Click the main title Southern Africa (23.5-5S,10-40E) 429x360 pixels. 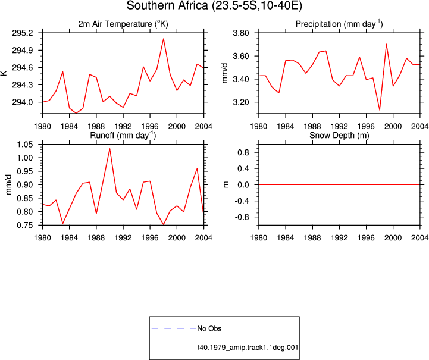click(214, 5)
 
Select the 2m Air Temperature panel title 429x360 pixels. click(123, 24)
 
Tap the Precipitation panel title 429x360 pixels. click(339, 24)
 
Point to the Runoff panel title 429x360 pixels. click(123, 136)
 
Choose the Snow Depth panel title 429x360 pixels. click(339, 136)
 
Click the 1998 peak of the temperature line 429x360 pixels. click(164, 39)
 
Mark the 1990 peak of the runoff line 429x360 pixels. click(109, 149)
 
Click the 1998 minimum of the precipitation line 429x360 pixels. click(380, 110)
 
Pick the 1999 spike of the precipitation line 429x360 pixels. click(386, 44)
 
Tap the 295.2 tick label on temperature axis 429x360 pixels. click(22, 33)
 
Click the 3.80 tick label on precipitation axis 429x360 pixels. click(241, 33)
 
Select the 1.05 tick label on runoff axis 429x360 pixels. click(24, 145)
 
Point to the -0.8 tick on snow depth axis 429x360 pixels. click(242, 217)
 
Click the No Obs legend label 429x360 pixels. click(209, 328)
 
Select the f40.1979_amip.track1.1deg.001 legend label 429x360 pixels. click(248, 348)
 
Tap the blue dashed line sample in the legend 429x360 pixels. click(174, 328)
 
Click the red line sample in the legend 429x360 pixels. click(174, 348)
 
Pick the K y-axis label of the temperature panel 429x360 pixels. click(4, 73)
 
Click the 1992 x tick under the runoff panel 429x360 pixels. click(123, 238)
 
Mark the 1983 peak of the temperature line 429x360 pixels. click(62, 71)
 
